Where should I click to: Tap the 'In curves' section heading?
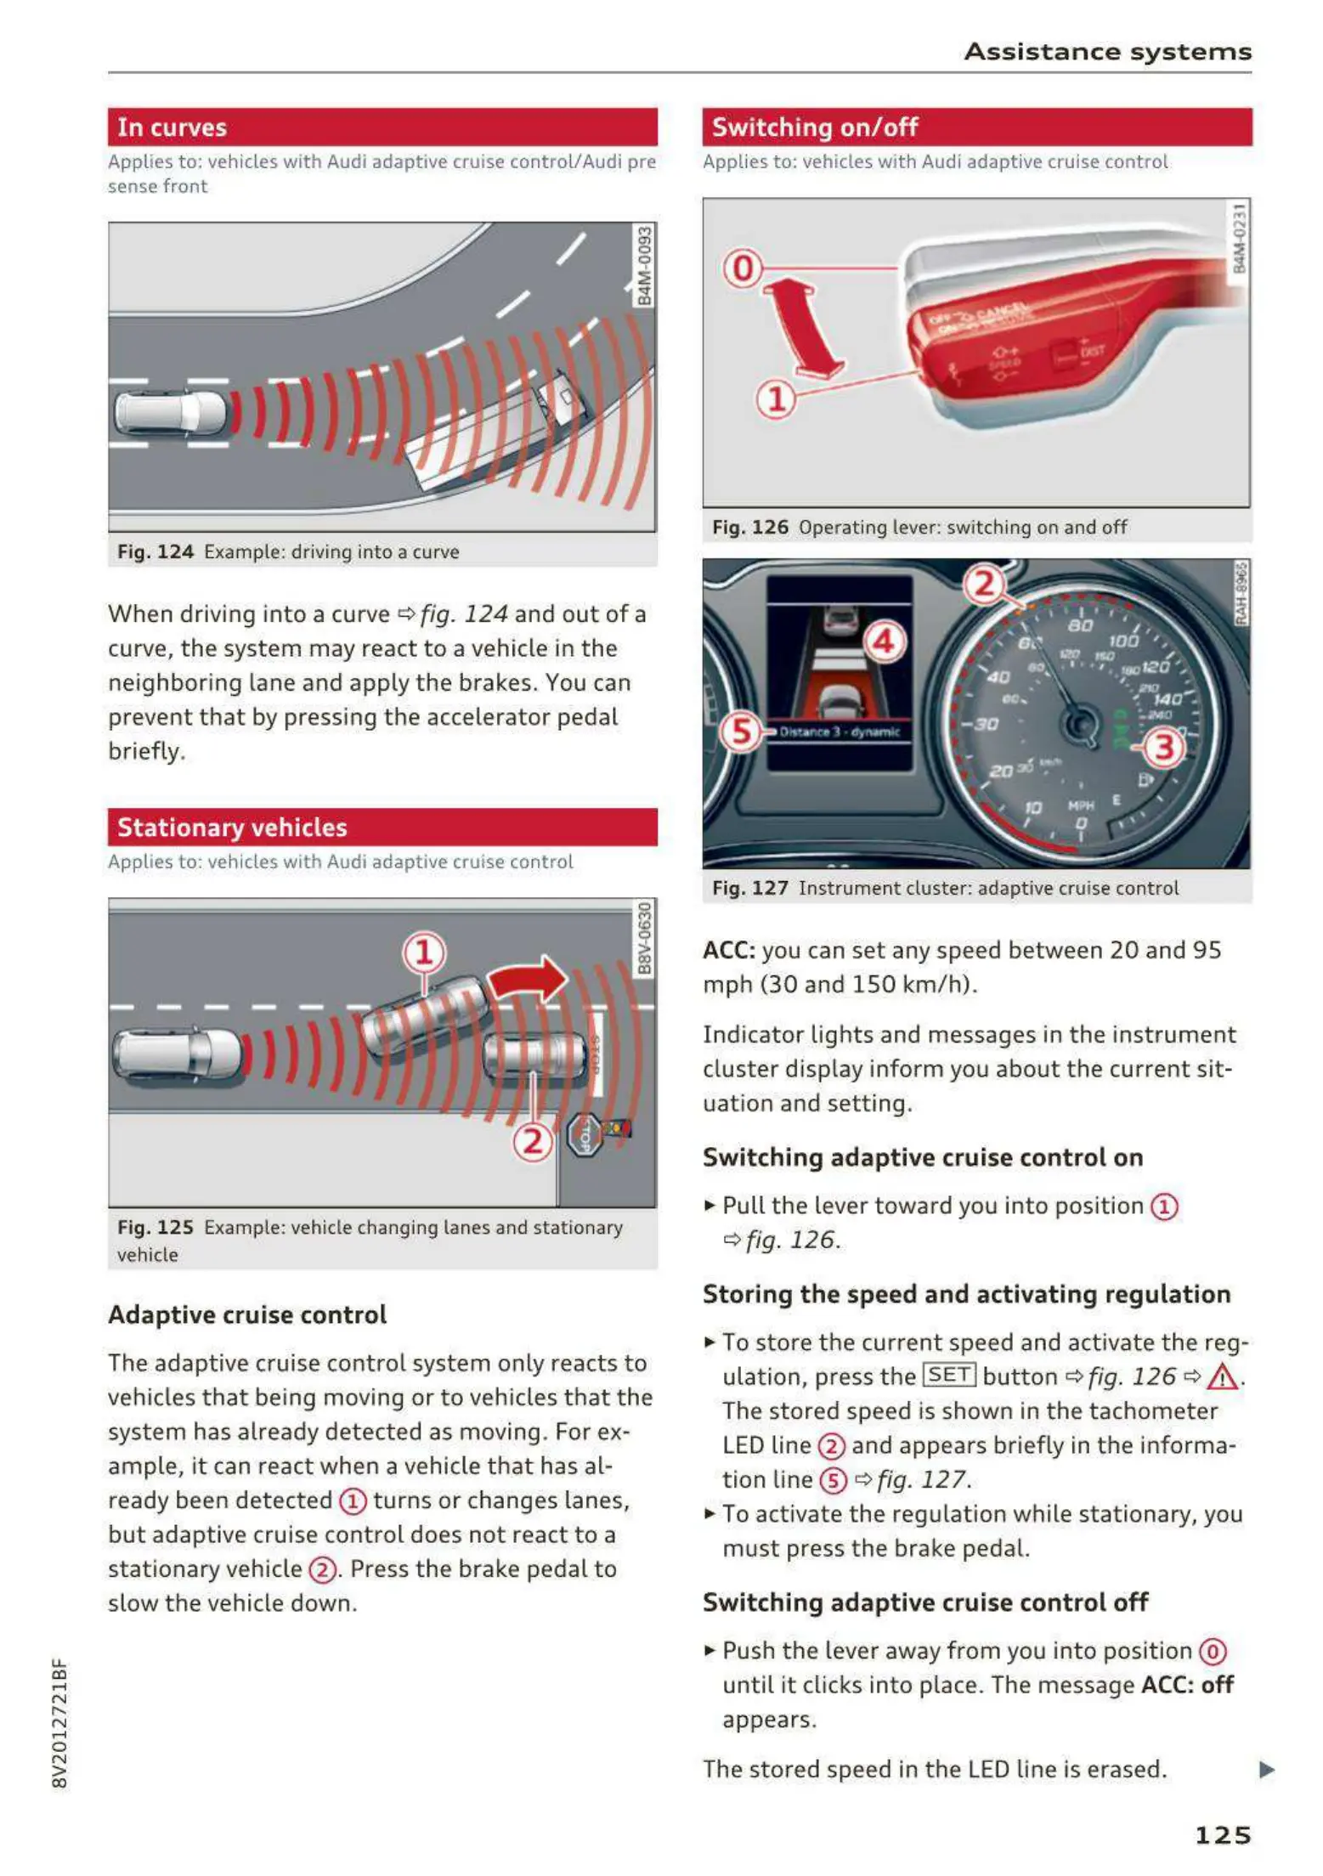point(172,127)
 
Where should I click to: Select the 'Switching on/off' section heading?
point(814,127)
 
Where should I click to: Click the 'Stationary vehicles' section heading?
point(232,828)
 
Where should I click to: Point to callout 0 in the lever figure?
point(743,268)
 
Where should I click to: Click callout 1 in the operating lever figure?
point(776,398)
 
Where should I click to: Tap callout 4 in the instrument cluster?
point(884,641)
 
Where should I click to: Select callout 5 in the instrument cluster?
point(741,731)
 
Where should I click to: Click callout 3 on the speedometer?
point(1163,748)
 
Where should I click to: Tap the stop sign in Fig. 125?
point(585,1135)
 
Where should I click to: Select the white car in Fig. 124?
point(170,414)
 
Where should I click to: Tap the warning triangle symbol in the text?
point(1221,1376)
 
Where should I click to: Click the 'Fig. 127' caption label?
point(750,888)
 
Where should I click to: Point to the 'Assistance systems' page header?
point(1107,52)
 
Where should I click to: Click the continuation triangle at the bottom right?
point(1266,1770)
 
